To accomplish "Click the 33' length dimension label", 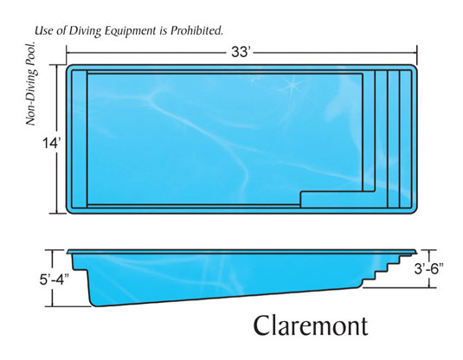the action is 241,52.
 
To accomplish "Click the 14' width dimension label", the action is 52,144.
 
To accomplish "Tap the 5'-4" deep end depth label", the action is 54,280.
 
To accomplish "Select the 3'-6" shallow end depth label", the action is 428,268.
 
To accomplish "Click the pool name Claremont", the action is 311,325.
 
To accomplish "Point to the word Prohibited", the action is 196,30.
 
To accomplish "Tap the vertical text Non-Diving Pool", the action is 30,84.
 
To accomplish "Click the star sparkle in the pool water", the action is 293,85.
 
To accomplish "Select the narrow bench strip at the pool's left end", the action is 80,139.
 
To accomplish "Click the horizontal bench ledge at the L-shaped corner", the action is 338,199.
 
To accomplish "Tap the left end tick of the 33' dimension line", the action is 67,53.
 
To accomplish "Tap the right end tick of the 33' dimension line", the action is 417,54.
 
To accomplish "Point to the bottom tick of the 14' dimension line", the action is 56,213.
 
